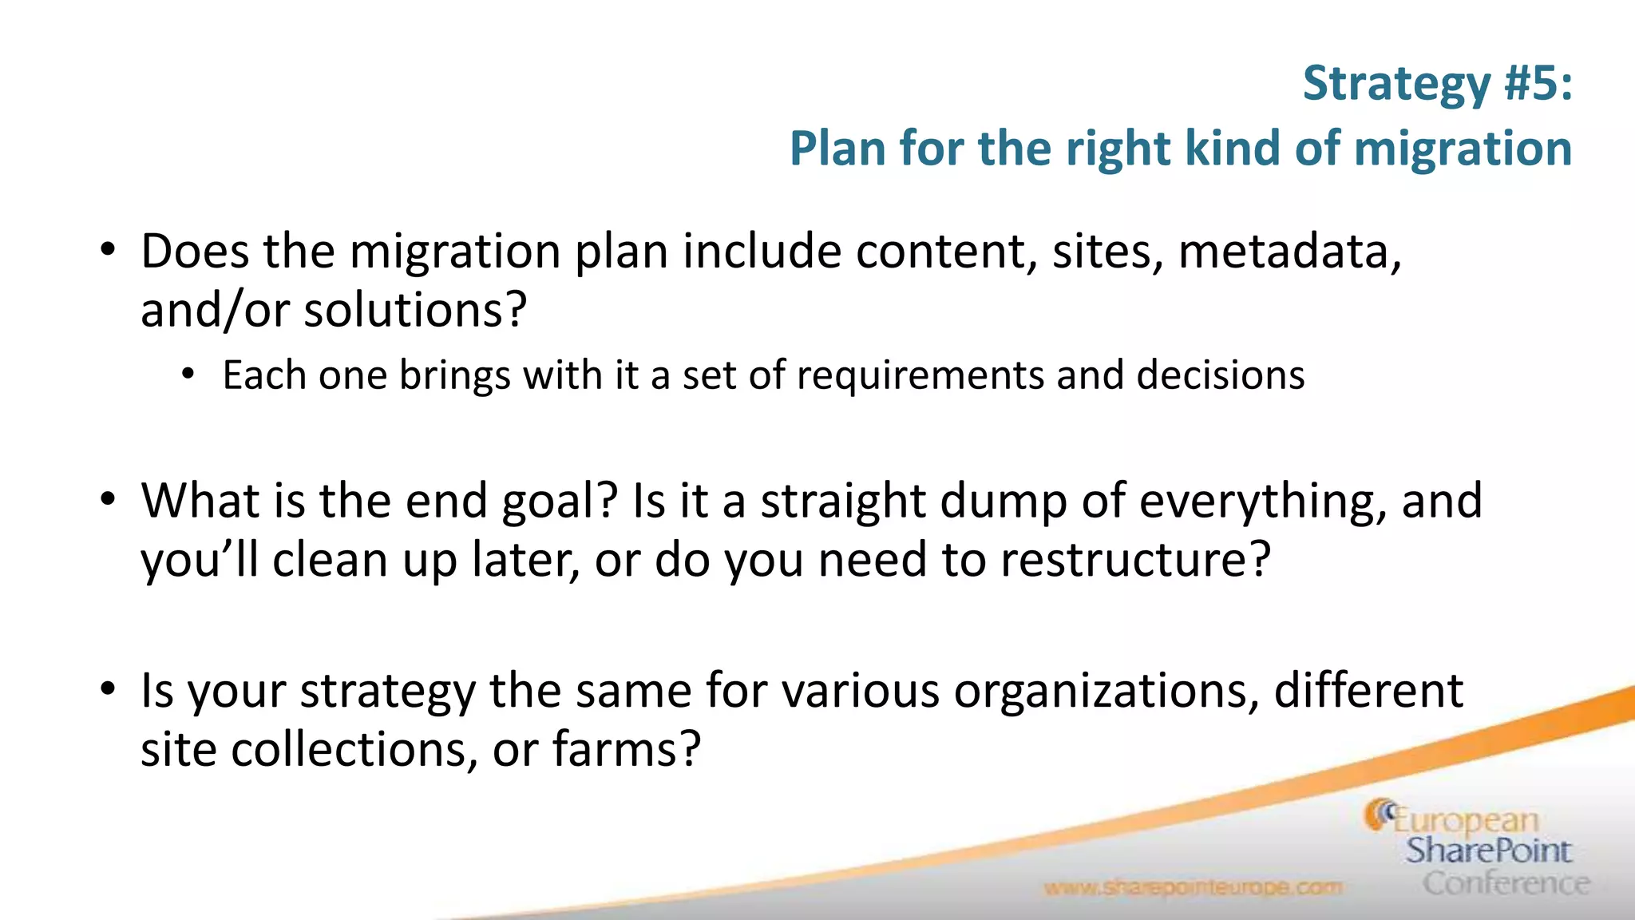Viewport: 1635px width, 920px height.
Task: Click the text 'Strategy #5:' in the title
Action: click(x=1437, y=83)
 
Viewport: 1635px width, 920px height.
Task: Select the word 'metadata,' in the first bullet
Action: click(x=1290, y=252)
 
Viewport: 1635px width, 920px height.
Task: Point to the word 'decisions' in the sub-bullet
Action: click(x=1220, y=375)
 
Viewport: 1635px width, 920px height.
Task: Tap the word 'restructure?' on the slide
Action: click(x=1134, y=560)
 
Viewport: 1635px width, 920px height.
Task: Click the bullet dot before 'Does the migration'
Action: click(x=108, y=251)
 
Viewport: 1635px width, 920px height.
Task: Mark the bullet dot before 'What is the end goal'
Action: click(x=108, y=500)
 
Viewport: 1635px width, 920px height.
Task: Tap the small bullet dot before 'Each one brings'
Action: click(x=188, y=375)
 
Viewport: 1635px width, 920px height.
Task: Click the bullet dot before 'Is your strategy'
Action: click(x=108, y=690)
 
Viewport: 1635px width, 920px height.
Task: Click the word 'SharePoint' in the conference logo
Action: click(x=1488, y=851)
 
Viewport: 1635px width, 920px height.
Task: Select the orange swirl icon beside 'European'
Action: click(x=1378, y=815)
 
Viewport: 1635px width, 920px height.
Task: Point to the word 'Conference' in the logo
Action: click(x=1506, y=883)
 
